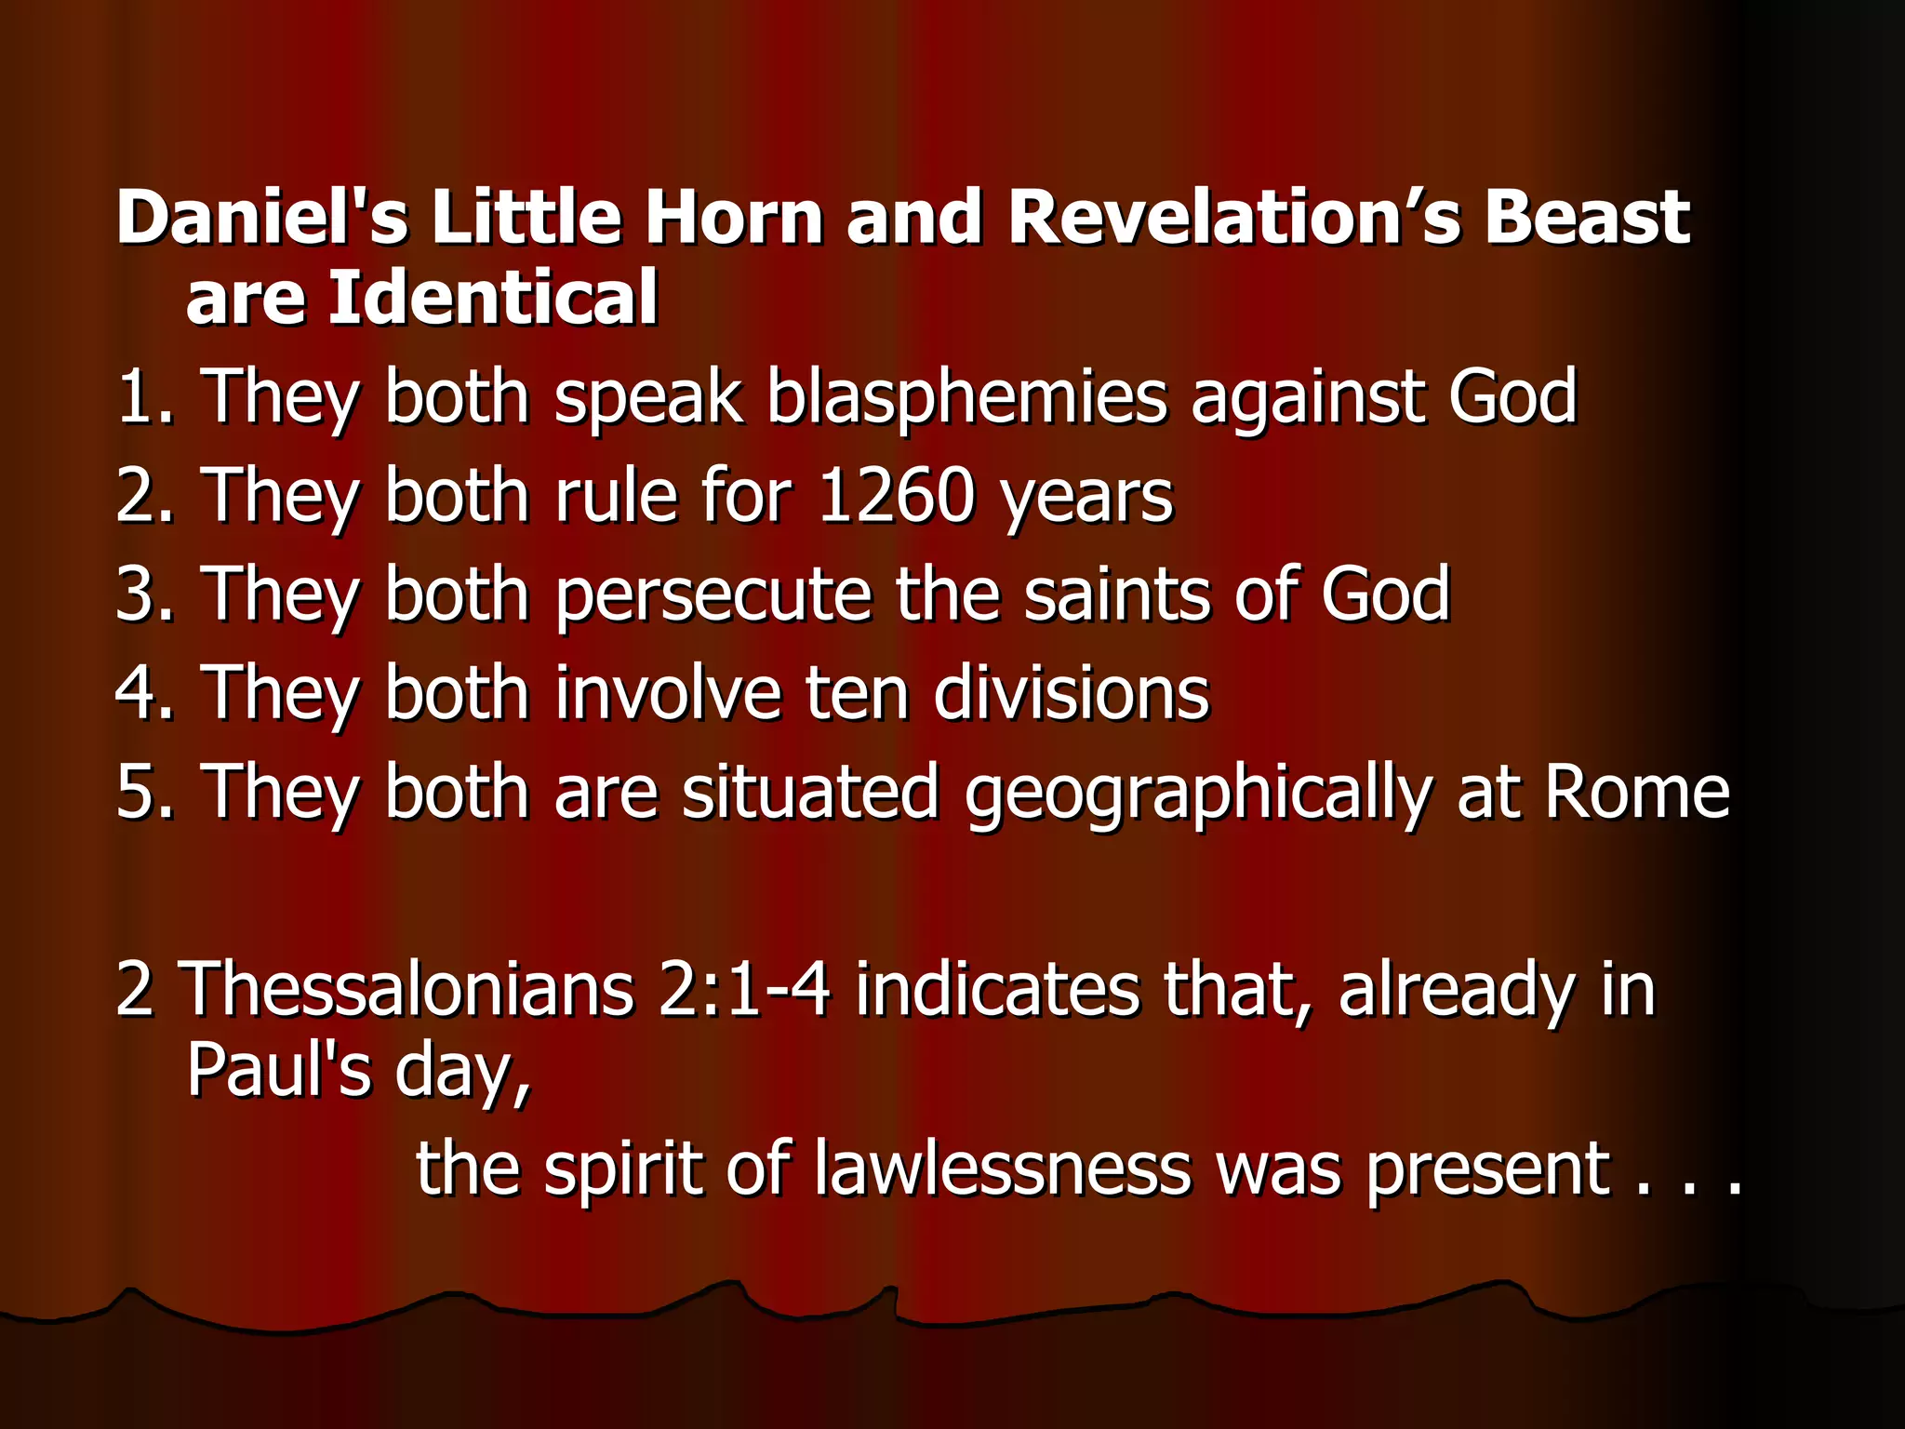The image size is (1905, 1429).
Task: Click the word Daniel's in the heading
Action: (261, 217)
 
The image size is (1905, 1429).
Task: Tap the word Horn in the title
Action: (734, 217)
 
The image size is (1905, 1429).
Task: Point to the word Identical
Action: (493, 297)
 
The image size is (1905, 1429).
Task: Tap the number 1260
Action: (895, 496)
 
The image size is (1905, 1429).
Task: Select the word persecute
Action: (713, 594)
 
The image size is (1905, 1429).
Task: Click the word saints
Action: (1116, 594)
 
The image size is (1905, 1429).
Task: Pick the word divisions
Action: (1071, 693)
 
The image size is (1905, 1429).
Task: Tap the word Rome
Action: (1636, 792)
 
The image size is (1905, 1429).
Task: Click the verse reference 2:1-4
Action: (744, 989)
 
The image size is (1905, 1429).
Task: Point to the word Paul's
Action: (279, 1070)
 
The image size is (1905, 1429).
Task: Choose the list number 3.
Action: (139, 594)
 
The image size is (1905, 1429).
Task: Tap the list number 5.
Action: (139, 792)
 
